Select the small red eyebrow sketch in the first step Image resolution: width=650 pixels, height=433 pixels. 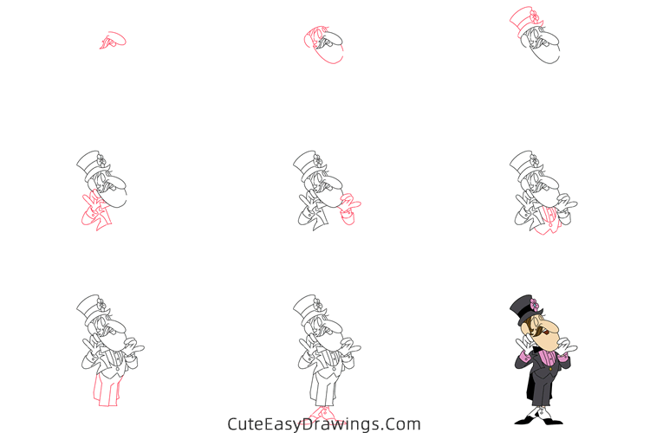tap(112, 40)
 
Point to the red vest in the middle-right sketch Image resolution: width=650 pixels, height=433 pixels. tap(547, 218)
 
